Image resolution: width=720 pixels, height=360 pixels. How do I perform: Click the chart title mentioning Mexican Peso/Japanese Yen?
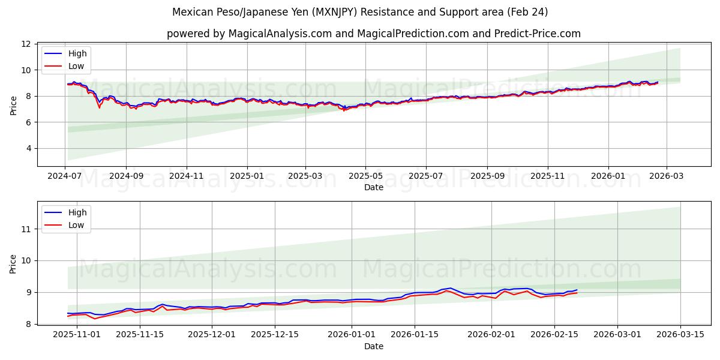[x=360, y=12]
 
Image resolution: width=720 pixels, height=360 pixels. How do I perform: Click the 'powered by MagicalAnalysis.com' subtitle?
[x=373, y=34]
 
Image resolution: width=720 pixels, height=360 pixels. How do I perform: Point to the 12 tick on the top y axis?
[x=26, y=44]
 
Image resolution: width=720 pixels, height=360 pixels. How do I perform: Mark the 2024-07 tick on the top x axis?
[x=65, y=176]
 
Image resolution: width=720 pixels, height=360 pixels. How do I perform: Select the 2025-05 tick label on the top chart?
[x=365, y=176]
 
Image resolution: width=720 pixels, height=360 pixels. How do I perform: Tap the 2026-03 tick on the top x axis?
[x=668, y=176]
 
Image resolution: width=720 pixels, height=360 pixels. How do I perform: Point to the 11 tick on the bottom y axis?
[x=26, y=229]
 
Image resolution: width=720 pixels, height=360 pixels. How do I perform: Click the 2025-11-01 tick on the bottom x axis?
[x=77, y=335]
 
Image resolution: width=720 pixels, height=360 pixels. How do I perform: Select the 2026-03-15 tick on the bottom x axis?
[x=680, y=335]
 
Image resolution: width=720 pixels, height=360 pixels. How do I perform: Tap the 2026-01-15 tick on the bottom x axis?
[x=414, y=335]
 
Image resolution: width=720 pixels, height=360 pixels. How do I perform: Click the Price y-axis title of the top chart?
[x=13, y=105]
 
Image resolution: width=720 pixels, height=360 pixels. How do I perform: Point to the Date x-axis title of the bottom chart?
[x=373, y=346]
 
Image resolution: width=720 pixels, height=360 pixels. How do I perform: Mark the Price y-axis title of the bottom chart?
[x=13, y=263]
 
